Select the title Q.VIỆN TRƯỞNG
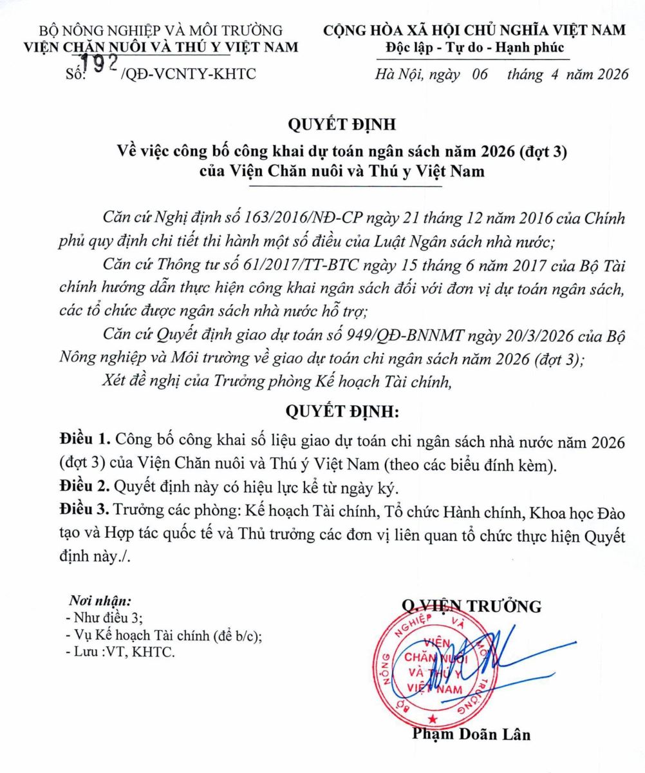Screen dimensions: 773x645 pyautogui.click(x=471, y=606)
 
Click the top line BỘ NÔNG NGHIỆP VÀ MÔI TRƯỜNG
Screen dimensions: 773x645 pyautogui.click(x=161, y=30)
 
